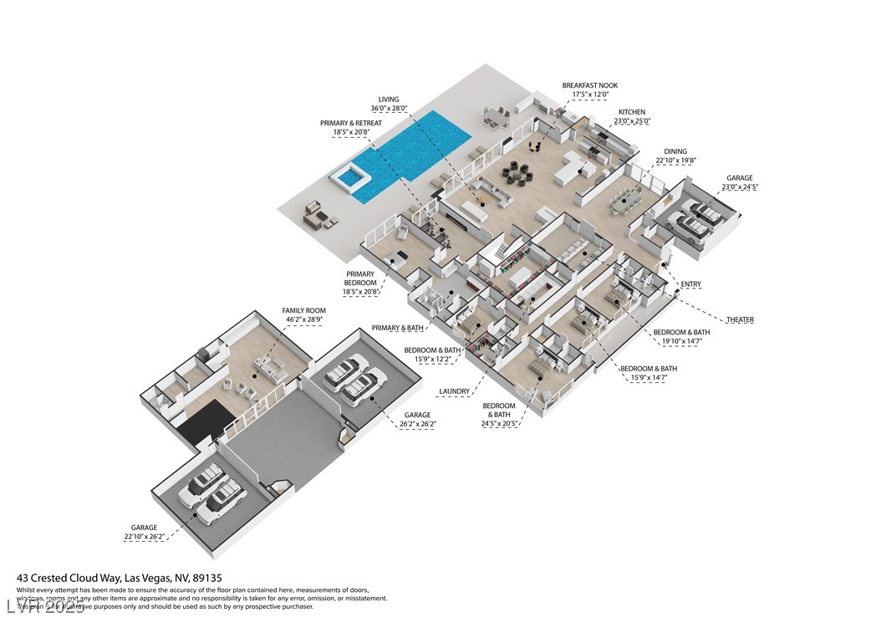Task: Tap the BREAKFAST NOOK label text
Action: (x=590, y=85)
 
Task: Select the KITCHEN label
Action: (x=632, y=112)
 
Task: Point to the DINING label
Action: (x=675, y=151)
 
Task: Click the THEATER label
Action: (x=740, y=320)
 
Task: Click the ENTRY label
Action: (x=691, y=285)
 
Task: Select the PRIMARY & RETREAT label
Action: (x=351, y=123)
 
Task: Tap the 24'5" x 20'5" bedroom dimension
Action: (x=502, y=424)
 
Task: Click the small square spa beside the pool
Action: (x=350, y=176)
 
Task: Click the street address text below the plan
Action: (x=120, y=578)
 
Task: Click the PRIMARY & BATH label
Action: (x=397, y=329)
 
